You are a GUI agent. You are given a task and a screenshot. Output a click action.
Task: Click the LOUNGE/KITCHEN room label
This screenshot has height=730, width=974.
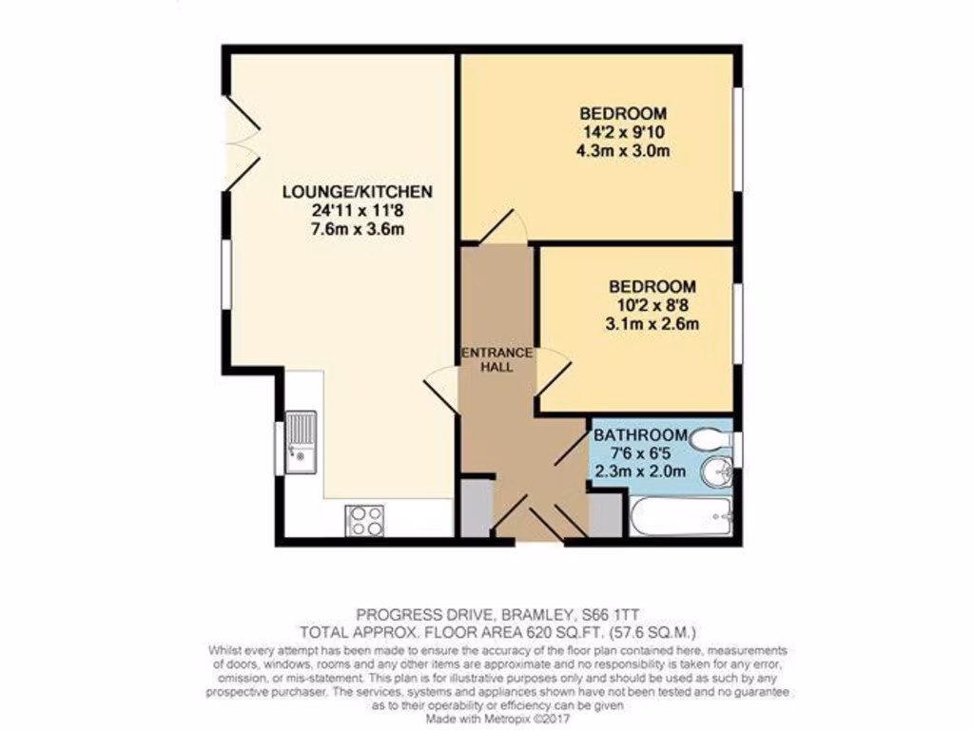point(358,192)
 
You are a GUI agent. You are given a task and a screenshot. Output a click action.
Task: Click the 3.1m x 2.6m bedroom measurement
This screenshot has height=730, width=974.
point(653,323)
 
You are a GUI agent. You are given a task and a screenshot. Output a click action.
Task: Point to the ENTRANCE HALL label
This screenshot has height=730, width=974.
point(497,359)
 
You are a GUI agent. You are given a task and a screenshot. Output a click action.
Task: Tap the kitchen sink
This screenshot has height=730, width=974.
point(302,444)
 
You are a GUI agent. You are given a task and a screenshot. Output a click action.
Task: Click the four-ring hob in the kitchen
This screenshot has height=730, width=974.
point(365,519)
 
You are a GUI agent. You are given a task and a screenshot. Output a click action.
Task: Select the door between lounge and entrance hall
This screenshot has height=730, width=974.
point(441,387)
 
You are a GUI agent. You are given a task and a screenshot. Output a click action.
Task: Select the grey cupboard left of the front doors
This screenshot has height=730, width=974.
point(477,509)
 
